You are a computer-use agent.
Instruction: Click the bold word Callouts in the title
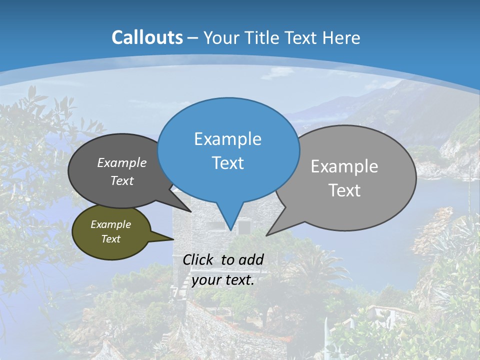(147, 37)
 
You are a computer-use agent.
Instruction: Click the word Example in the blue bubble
(227, 139)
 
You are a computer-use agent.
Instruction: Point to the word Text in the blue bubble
(227, 163)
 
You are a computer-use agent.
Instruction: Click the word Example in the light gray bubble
(344, 166)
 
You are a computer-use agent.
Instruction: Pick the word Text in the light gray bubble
(344, 190)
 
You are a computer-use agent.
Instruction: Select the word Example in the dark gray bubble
(122, 162)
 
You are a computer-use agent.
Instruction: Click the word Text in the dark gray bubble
(122, 180)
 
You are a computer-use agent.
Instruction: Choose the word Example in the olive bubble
(110, 224)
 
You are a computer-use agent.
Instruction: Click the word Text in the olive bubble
(110, 239)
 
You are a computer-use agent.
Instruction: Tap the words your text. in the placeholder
(223, 280)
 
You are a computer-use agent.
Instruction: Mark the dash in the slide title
(193, 37)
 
